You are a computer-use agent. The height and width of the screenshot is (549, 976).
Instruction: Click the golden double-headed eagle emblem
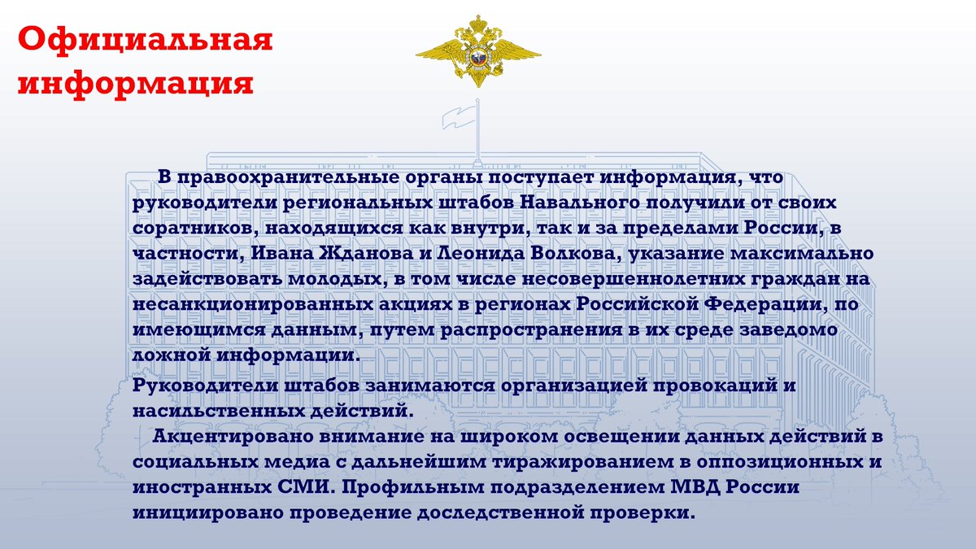477,50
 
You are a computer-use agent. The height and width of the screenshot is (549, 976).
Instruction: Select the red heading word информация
134,84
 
